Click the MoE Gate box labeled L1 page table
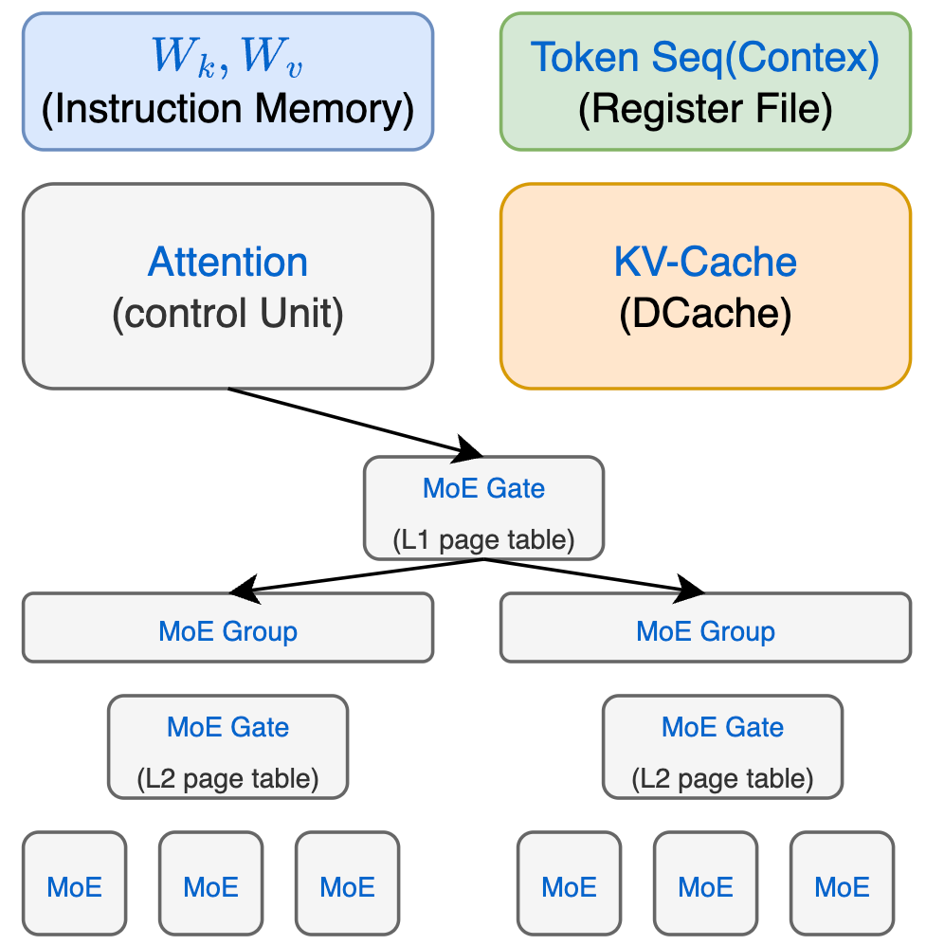click(483, 507)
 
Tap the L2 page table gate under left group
click(227, 747)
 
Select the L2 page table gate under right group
click(722, 747)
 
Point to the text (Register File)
click(705, 109)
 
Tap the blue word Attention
click(227, 262)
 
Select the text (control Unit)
click(227, 314)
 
